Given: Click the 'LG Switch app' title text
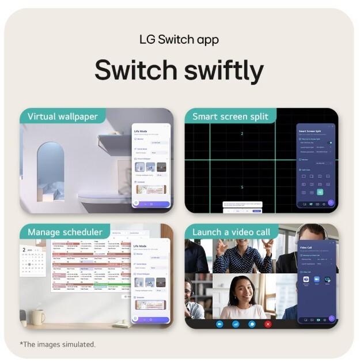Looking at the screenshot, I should [x=179, y=40].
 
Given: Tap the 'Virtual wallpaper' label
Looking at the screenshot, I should [x=63, y=116].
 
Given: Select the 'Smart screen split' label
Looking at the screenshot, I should [x=230, y=116].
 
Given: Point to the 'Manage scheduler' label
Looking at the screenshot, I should [x=65, y=232].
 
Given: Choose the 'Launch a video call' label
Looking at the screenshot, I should [x=232, y=232].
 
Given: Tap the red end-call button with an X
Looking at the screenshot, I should [x=268, y=324].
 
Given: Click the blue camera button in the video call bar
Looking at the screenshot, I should [x=219, y=324].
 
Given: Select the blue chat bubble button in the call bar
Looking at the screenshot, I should [x=252, y=324].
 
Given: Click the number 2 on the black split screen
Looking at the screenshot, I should [x=242, y=134].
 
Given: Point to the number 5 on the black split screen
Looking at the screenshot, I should [x=242, y=187].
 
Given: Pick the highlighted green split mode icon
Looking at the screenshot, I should [x=320, y=192].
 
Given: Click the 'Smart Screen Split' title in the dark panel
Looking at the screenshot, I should [x=310, y=131].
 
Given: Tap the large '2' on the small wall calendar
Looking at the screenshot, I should [x=24, y=250].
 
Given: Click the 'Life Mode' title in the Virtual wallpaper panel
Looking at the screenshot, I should [x=142, y=131].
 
